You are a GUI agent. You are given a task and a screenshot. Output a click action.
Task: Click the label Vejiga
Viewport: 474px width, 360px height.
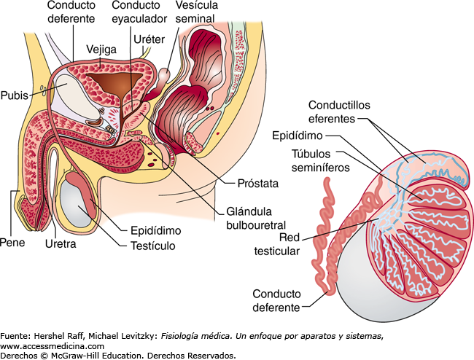101,50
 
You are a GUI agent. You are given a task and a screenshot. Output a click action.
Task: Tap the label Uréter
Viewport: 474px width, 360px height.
149,39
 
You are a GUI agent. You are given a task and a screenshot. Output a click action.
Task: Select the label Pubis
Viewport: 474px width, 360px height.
14,95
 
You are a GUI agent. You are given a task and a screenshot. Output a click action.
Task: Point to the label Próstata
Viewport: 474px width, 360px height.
258,184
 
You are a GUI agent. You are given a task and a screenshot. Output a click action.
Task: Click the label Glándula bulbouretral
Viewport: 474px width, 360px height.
256,218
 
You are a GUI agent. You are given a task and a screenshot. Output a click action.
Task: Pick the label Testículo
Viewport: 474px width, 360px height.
153,246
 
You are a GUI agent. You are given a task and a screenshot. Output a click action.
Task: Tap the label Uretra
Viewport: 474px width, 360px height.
61,243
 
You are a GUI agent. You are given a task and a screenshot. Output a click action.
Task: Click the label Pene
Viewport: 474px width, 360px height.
12,242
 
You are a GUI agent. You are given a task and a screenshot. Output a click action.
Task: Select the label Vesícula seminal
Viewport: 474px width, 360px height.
196,12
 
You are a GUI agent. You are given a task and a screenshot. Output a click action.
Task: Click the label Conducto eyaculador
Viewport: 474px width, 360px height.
139,12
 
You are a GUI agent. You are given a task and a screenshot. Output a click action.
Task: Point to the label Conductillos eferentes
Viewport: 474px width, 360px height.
339,111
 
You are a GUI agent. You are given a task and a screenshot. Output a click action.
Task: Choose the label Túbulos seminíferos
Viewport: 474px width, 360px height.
320,160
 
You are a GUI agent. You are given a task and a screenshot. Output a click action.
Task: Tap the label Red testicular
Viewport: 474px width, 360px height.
277,244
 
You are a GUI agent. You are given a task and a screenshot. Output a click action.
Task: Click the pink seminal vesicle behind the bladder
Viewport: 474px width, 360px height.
164,77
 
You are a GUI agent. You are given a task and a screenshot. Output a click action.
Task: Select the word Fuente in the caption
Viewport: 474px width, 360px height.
14,336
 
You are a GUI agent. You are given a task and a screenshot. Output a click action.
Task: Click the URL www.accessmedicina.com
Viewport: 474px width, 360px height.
52,346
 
